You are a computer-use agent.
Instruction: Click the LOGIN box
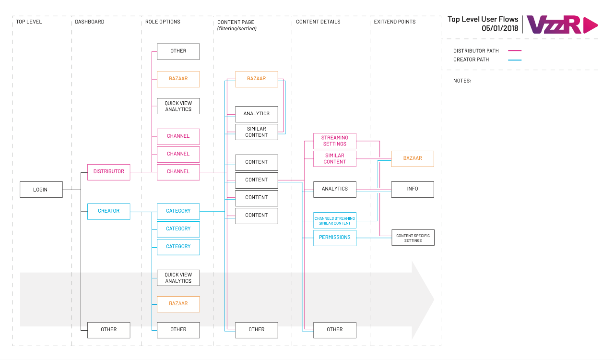pyautogui.click(x=41, y=189)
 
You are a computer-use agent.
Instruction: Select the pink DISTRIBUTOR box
pyautogui.click(x=108, y=172)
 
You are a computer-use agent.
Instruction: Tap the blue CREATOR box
pyautogui.click(x=108, y=211)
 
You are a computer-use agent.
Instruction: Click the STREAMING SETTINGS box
pyautogui.click(x=335, y=141)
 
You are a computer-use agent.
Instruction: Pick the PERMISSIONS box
pyautogui.click(x=335, y=238)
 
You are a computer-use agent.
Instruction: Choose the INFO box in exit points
pyautogui.click(x=413, y=189)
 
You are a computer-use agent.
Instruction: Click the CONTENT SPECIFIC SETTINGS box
pyautogui.click(x=413, y=238)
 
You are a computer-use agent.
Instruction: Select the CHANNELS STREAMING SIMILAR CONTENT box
pyautogui.click(x=335, y=220)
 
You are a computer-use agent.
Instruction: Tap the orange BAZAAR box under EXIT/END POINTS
pyautogui.click(x=413, y=158)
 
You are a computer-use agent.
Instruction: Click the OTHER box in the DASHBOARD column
pyautogui.click(x=108, y=330)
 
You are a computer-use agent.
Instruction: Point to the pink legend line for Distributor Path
pyautogui.click(x=515, y=51)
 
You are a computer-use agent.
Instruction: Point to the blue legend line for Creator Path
pyautogui.click(x=515, y=60)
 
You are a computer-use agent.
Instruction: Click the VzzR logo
pyautogui.click(x=562, y=24)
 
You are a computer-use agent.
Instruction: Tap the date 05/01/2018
pyautogui.click(x=500, y=28)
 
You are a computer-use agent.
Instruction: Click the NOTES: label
pyautogui.click(x=462, y=81)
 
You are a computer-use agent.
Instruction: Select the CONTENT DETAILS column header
pyautogui.click(x=318, y=22)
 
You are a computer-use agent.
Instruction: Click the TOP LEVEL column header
pyautogui.click(x=29, y=22)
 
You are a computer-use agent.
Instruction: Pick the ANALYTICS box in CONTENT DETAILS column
pyautogui.click(x=335, y=189)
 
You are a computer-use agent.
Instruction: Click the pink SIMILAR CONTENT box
pyautogui.click(x=335, y=158)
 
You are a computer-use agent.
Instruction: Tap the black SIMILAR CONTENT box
pyautogui.click(x=256, y=132)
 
